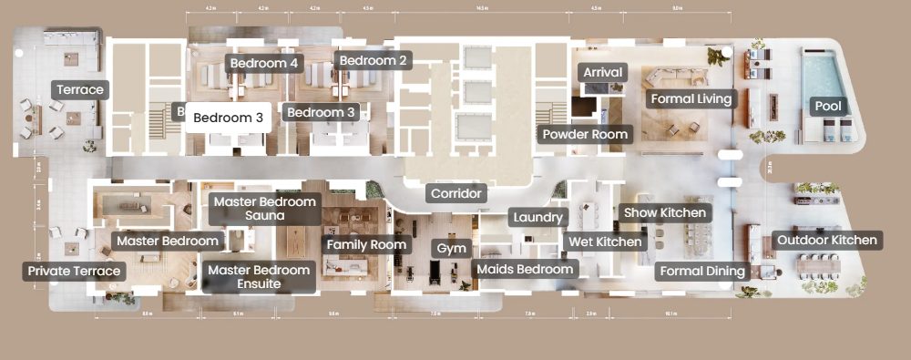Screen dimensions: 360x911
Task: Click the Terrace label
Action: (x=81, y=89)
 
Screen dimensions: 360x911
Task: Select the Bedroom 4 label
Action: (x=263, y=64)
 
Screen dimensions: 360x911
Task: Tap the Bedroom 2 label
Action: (x=374, y=61)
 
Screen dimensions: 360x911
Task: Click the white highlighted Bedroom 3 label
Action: (x=228, y=118)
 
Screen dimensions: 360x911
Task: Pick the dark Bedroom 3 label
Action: (x=320, y=112)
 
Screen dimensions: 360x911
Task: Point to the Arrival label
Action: (x=602, y=72)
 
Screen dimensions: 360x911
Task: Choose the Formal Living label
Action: (x=690, y=98)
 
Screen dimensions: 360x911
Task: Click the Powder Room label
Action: (x=585, y=134)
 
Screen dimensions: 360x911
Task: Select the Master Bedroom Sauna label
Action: (x=264, y=209)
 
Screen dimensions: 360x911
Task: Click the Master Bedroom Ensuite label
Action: (x=258, y=277)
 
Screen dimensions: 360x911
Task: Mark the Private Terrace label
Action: (x=74, y=271)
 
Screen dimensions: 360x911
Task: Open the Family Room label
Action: (x=366, y=244)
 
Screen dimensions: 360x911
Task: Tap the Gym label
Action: (x=451, y=248)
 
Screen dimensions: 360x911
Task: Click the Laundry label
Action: (x=539, y=218)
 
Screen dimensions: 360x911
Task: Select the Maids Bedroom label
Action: (x=526, y=269)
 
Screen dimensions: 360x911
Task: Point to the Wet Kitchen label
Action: (x=604, y=242)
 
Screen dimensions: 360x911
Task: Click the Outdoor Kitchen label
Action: (x=827, y=241)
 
